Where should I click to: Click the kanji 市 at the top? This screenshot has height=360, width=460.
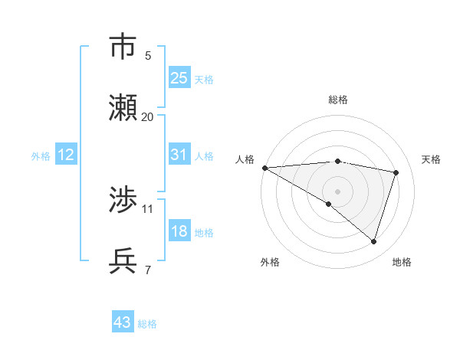coord(123,47)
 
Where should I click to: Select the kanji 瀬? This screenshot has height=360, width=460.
coord(123,108)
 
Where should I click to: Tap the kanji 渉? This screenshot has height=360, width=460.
coord(123,201)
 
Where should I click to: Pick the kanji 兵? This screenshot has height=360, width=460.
coord(123,261)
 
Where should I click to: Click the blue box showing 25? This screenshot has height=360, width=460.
coord(179,77)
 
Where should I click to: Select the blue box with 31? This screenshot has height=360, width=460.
coord(179,155)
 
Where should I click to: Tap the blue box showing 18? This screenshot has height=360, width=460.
coord(179,232)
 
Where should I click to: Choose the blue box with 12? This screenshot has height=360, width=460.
coord(65,155)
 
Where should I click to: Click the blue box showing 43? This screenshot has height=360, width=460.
coord(123,322)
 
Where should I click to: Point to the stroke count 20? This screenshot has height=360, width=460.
coord(147,117)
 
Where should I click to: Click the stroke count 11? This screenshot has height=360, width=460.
coord(147,208)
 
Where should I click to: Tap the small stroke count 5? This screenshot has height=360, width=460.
coord(148,55)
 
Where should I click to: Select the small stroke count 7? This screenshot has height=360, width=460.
coord(148,270)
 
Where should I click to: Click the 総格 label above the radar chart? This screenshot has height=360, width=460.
coord(338,100)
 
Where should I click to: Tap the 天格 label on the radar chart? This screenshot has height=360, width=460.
coord(431,159)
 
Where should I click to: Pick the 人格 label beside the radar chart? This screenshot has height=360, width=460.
coord(245,159)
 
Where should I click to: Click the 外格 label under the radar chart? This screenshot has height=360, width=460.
coord(270,262)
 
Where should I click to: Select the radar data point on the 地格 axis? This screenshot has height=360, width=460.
coord(373,241)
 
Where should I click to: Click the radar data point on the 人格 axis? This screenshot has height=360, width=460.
coord(264,168)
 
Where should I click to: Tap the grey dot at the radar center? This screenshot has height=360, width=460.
coord(337,191)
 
